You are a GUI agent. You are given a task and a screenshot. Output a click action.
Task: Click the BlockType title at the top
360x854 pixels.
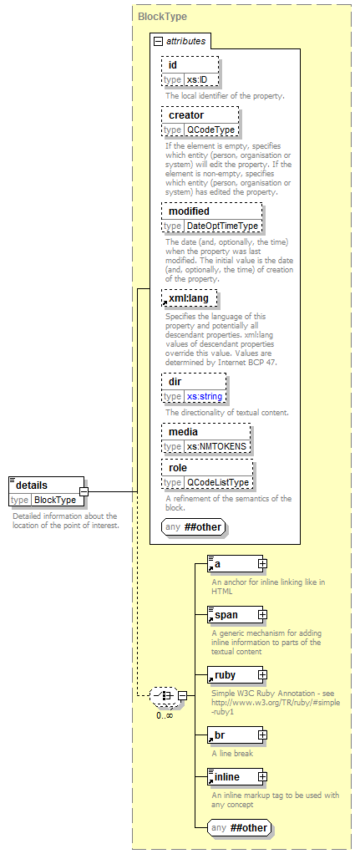coord(162,17)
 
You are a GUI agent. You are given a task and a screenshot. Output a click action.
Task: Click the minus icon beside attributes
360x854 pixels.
coord(159,41)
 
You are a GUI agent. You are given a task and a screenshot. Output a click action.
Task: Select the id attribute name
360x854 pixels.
coord(173,65)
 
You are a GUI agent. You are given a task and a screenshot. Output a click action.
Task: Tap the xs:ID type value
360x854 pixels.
coord(196,79)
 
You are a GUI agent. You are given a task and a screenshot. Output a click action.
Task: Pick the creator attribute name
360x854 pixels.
coord(186,115)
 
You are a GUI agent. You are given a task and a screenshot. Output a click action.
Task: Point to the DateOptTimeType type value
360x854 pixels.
coord(222,226)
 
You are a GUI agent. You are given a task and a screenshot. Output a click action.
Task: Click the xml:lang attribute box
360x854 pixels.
coord(190,298)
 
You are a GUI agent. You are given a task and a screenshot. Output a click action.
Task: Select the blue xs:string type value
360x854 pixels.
coord(205,396)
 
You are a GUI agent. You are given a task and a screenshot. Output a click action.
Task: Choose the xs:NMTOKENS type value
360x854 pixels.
coord(217,446)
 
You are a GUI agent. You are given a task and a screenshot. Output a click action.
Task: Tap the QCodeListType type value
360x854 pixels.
coord(218,482)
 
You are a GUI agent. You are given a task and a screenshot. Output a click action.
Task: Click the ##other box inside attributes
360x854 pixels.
coord(193,526)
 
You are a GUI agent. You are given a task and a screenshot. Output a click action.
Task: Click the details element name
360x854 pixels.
coord(32,485)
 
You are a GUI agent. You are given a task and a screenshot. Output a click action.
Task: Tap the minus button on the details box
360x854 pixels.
coord(84,491)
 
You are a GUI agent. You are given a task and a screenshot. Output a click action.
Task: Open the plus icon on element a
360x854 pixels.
coord(262,564)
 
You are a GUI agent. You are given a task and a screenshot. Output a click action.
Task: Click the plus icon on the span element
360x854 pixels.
coord(262,615)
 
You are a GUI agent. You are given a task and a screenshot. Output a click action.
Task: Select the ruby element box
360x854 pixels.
coord(236,675)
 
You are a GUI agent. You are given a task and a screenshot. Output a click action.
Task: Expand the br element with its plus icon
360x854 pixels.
coord(262,735)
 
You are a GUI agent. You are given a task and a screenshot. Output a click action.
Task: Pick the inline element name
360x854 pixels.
coord(227,776)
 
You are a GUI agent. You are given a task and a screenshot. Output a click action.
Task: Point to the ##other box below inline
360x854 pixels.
coord(240,828)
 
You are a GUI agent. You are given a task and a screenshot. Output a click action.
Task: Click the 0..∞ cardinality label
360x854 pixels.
coord(165,715)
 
